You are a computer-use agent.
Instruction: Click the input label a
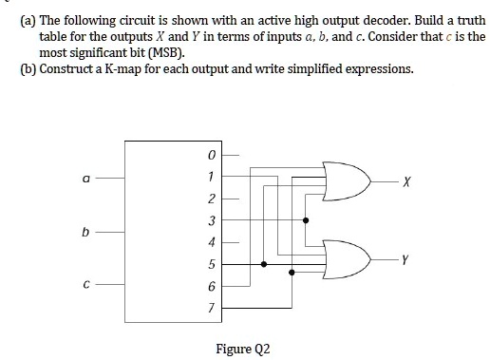pos(86,177)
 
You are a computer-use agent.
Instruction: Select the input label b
pos(86,231)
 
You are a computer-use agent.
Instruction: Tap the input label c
pos(86,284)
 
